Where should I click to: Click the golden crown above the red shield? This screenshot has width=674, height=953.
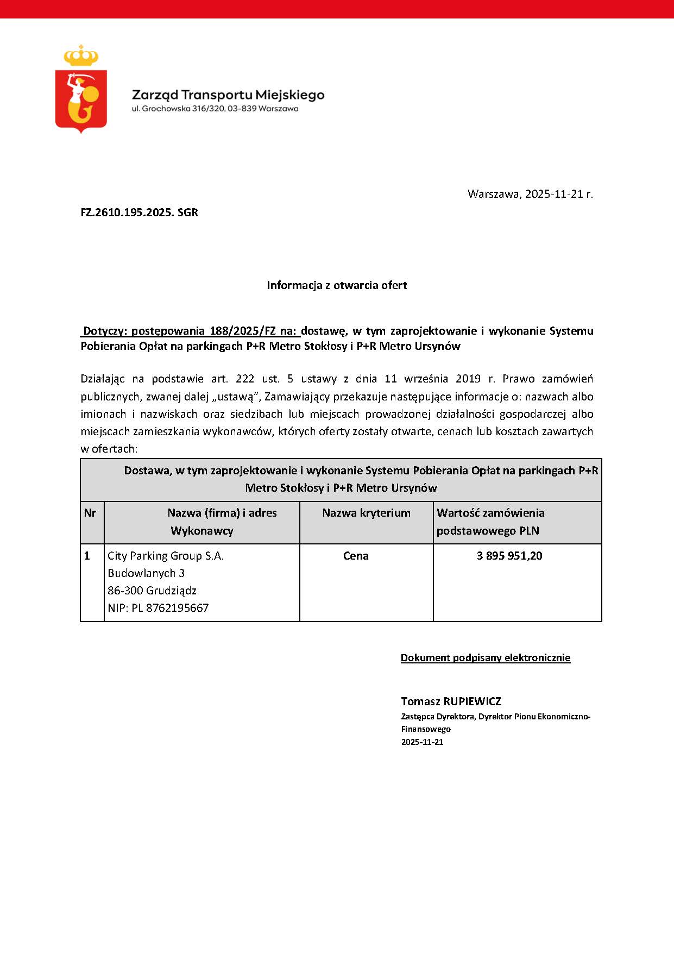pyautogui.click(x=81, y=55)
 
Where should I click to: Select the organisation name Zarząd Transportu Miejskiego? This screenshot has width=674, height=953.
pyautogui.click(x=228, y=95)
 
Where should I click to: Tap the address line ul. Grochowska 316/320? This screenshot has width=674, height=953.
pyautogui.click(x=215, y=109)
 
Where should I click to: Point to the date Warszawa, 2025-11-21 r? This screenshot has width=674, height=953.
pyautogui.click(x=530, y=194)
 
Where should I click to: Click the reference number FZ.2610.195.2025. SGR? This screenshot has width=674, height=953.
pyautogui.click(x=140, y=212)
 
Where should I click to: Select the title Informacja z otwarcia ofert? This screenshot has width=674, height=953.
pyautogui.click(x=337, y=285)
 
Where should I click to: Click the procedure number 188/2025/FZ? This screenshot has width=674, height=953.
pyautogui.click(x=243, y=331)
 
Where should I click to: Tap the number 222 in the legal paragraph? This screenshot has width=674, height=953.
pyautogui.click(x=245, y=379)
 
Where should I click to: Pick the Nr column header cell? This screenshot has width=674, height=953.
pyautogui.click(x=90, y=513)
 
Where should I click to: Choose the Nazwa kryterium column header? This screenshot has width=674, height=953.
pyautogui.click(x=366, y=513)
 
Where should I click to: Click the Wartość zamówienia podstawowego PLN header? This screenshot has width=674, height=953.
pyautogui.click(x=490, y=522)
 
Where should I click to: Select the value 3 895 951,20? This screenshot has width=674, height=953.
pyautogui.click(x=509, y=556)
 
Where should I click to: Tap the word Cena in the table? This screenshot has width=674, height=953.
pyautogui.click(x=356, y=556)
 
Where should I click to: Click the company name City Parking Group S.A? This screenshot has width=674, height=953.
pyautogui.click(x=166, y=556)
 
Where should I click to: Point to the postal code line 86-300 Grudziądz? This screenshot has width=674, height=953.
pyautogui.click(x=152, y=591)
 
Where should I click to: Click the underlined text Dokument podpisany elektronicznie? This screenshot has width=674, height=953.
pyautogui.click(x=486, y=658)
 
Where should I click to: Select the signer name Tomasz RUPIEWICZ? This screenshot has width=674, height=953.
pyautogui.click(x=451, y=701)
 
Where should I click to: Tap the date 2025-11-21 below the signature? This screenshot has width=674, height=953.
pyautogui.click(x=423, y=742)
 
